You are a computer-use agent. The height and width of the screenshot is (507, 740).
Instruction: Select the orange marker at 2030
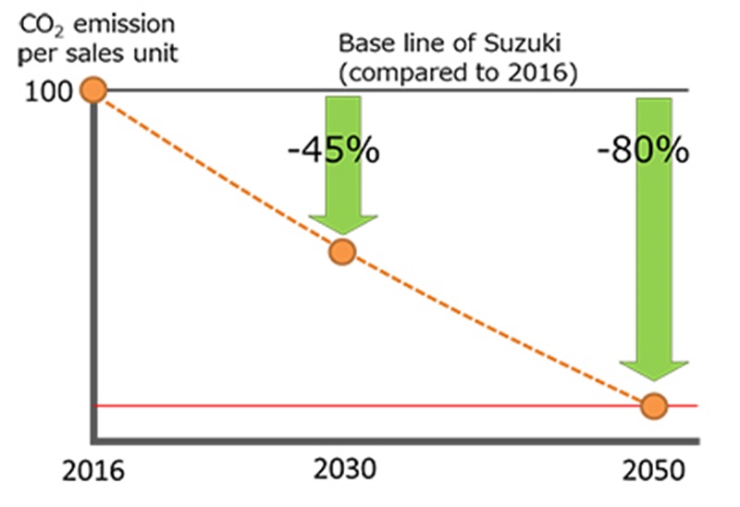pos(342,251)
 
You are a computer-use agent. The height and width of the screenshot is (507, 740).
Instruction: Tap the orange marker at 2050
pos(654,405)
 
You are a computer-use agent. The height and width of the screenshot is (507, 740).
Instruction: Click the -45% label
pos(333,150)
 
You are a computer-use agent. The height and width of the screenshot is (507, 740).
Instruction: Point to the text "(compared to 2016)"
pos(458,72)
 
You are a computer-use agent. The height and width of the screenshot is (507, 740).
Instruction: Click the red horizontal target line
pos(370,406)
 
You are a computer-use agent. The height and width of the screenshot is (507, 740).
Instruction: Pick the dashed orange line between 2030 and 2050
pos(499,331)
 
